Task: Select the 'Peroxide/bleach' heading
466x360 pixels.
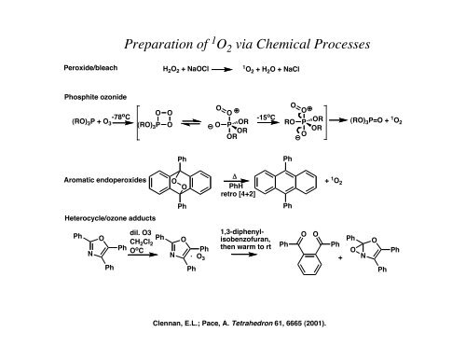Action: click(x=85, y=68)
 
